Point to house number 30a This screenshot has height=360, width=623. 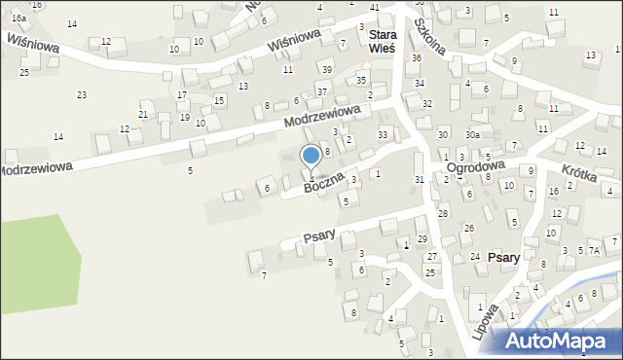point(472,134)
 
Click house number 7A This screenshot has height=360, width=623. point(596,251)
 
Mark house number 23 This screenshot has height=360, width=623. point(82,94)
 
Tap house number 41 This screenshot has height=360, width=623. point(375,7)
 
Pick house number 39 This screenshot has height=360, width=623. point(327,70)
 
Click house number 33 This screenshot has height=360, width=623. point(383,134)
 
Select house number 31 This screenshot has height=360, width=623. point(420,180)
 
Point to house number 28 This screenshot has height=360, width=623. point(443,214)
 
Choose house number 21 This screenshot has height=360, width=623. point(143,115)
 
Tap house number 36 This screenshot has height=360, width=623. point(416,58)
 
